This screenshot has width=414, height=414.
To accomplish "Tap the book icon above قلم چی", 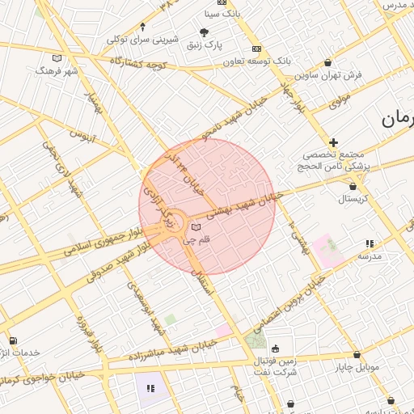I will pos(196,227).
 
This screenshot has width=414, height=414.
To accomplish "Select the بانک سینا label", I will pos(223,14).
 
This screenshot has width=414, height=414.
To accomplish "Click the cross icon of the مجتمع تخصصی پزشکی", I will pos(333,142).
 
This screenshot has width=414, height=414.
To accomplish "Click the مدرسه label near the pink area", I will pos(374,256).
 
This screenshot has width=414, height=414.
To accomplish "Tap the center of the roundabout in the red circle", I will pos(176,227).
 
